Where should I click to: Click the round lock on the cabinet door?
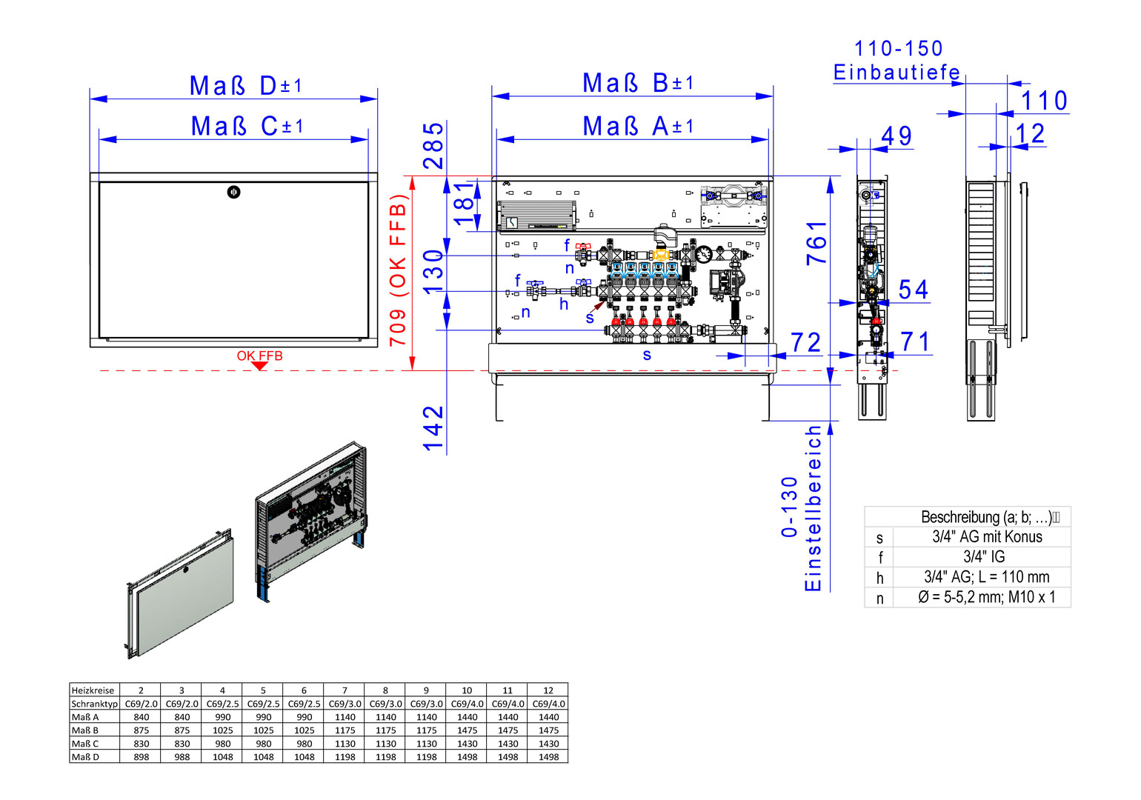pos(233,193)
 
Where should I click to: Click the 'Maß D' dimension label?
pos(245,85)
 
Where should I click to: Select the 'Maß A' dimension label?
pos(638,126)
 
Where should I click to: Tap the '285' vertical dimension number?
pos(433,146)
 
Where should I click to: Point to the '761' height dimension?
pos(816,243)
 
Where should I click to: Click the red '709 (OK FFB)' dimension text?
pos(399,270)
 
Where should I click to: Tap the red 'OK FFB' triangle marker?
pos(259,366)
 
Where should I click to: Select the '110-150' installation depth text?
pos(899,49)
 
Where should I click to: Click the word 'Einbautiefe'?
pos(897,73)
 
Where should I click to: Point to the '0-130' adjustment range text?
pos(790,507)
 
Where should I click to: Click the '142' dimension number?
pos(433,428)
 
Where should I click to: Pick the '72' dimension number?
pos(805,342)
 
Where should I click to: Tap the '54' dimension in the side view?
pos(914,290)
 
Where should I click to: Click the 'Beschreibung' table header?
pos(985,517)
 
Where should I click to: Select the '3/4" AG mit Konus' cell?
pos(987,537)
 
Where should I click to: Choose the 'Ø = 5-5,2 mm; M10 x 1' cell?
pos(986,597)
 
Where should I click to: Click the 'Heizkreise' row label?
pos(93,690)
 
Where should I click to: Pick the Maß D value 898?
pos(142,757)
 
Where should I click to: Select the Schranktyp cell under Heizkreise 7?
pos(345,704)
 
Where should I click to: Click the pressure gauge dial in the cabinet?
pos(703,254)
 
